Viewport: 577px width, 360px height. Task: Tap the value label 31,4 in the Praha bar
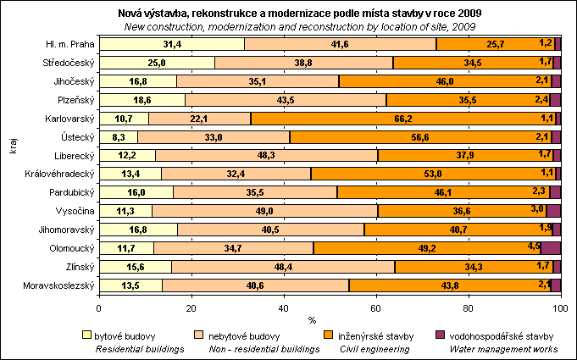pos(172,44)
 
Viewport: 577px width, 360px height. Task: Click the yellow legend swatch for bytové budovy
pos(87,336)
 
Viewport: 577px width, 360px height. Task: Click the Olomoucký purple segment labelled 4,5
pos(551,247)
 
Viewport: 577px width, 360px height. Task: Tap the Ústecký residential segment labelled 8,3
pos(119,136)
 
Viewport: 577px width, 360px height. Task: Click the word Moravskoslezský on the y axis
pos(57,285)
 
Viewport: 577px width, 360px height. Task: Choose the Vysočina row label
pos(74,211)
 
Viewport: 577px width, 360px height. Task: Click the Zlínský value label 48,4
pos(283,266)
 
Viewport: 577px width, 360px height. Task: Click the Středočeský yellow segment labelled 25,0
pos(157,63)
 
